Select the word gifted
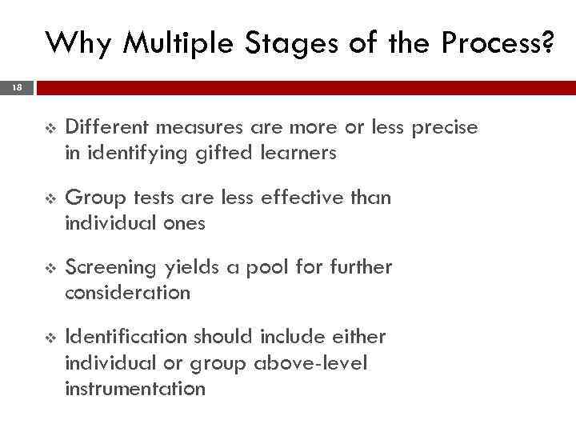click(222, 153)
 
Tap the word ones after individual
click(184, 222)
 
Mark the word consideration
click(127, 292)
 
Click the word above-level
click(310, 363)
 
